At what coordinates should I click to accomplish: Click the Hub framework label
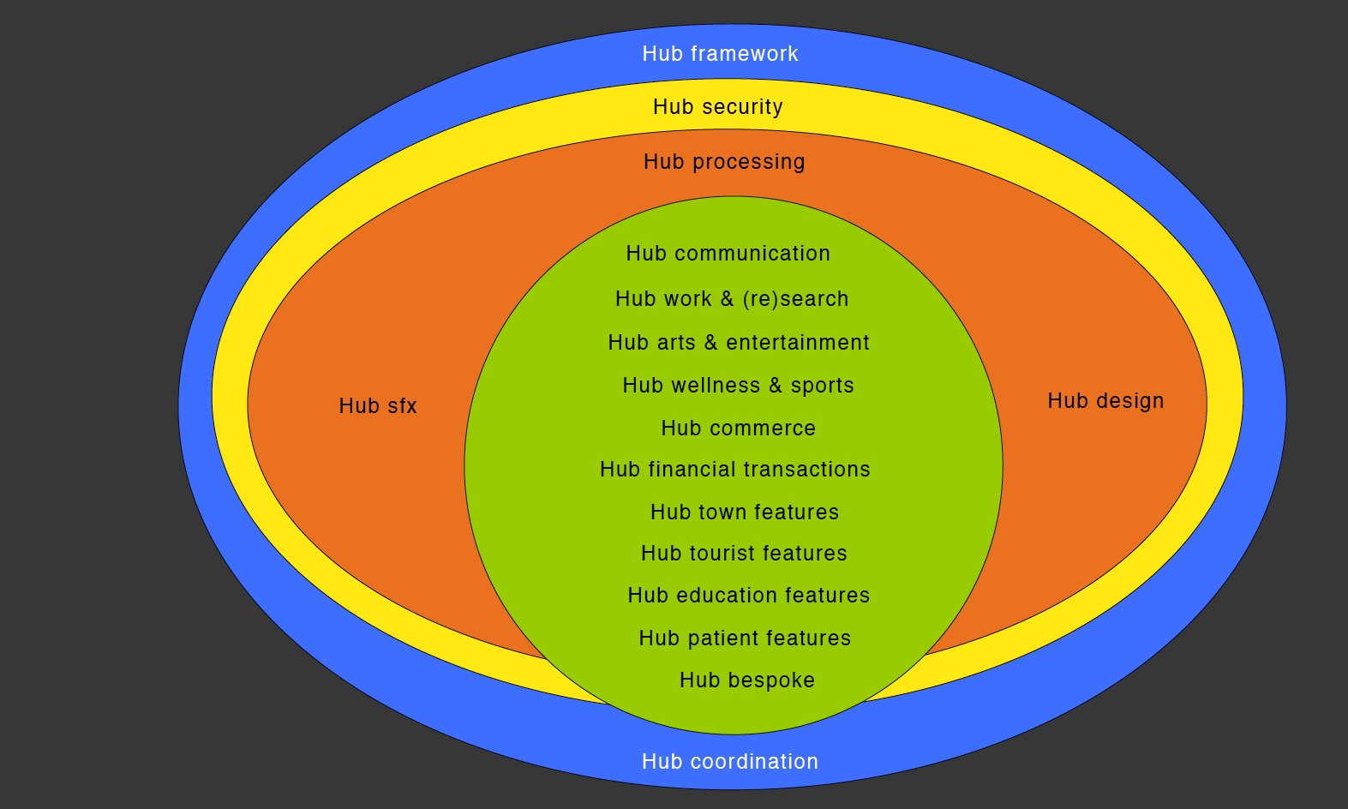tap(720, 54)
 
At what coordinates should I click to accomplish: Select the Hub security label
tap(717, 107)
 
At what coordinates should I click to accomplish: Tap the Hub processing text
tap(724, 162)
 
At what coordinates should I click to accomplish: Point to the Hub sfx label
tap(377, 406)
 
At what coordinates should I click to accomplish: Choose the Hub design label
tap(1105, 401)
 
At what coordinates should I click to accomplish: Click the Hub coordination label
tap(729, 762)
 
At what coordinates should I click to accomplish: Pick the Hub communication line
tap(728, 254)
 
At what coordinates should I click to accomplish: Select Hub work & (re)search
tap(732, 299)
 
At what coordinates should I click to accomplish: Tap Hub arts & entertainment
tap(738, 343)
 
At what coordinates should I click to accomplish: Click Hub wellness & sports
tap(738, 386)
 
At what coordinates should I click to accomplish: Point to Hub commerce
tap(738, 428)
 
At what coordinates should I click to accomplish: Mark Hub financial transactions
tap(734, 470)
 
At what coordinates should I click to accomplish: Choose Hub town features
tap(744, 512)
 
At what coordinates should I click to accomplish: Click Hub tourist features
tap(744, 554)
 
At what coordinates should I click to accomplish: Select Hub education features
tap(748, 596)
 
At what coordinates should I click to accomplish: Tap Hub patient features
tap(745, 638)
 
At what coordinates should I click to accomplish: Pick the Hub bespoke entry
tap(746, 680)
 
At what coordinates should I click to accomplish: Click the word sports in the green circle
tap(822, 387)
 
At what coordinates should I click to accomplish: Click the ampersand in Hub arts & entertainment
tap(710, 343)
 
